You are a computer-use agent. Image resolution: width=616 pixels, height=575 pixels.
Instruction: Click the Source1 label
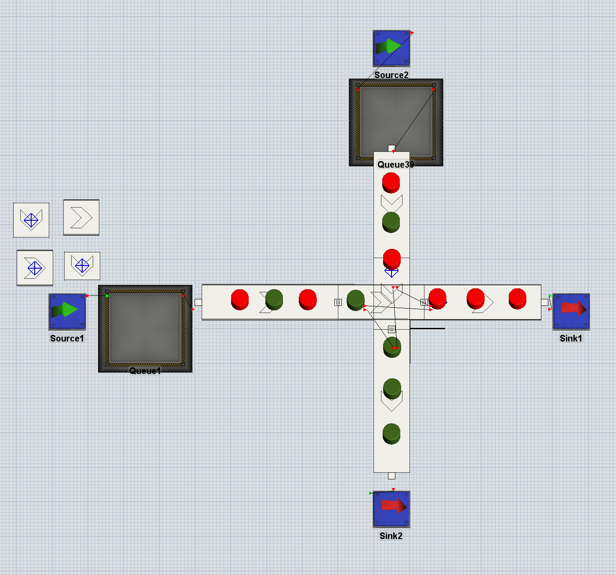click(x=67, y=338)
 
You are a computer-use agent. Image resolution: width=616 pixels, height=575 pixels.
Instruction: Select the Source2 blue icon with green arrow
click(x=391, y=48)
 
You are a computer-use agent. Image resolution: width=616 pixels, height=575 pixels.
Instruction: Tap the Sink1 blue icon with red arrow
click(x=571, y=312)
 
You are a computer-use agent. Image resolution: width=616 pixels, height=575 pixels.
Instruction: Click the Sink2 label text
click(x=391, y=535)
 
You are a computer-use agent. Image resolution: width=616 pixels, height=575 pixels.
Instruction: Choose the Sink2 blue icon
click(x=391, y=509)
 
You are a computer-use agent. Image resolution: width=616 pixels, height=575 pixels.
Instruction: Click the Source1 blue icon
click(x=67, y=312)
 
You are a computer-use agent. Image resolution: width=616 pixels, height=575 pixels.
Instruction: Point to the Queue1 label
click(x=145, y=371)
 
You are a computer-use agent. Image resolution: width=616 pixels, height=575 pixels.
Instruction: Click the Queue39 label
click(x=395, y=164)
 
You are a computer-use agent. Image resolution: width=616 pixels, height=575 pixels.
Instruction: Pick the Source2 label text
click(x=391, y=75)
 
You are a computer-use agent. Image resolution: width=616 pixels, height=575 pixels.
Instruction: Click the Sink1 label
click(x=571, y=338)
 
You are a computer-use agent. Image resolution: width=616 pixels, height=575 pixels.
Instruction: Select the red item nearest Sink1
click(x=518, y=299)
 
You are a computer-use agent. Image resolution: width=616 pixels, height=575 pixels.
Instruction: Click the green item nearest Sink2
click(x=391, y=434)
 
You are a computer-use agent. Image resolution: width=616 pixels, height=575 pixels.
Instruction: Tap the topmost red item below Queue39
click(x=391, y=183)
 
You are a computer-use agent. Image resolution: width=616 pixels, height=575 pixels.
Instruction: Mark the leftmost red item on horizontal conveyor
click(x=240, y=300)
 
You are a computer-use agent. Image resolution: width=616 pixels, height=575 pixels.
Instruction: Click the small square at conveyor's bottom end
click(x=392, y=476)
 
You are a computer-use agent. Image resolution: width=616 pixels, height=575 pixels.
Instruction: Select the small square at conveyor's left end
click(x=199, y=302)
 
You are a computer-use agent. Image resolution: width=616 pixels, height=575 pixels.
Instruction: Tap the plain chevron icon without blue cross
click(x=81, y=217)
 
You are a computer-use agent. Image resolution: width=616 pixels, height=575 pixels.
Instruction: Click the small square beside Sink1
click(x=545, y=302)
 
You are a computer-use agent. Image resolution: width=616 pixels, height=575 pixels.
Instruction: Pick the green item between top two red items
click(x=391, y=222)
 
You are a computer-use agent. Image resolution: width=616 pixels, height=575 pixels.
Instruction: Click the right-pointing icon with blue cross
click(x=35, y=268)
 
